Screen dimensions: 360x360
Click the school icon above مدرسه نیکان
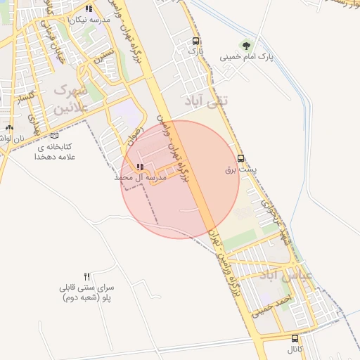tap(89, 9)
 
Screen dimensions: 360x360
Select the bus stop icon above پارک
tap(195, 41)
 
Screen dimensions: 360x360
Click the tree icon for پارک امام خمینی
tap(245, 45)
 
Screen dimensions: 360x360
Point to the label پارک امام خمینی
tap(245, 56)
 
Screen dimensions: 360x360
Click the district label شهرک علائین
tap(70, 98)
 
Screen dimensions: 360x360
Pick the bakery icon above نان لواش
tap(8, 128)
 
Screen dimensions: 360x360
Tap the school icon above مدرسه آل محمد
tap(140, 167)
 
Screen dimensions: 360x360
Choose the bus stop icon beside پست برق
tap(241, 158)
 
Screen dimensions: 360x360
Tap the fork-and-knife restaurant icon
tap(87, 276)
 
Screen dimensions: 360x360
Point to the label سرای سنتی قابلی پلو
tap(88, 293)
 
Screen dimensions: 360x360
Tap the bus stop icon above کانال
tap(295, 338)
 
